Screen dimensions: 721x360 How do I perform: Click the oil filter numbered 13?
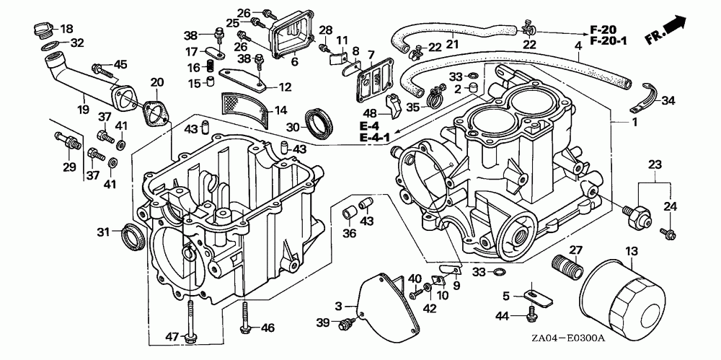click(622, 294)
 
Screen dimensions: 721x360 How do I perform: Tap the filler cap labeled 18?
click(42, 32)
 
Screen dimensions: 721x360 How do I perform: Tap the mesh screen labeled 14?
click(244, 109)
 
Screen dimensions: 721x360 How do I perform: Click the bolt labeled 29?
click(68, 140)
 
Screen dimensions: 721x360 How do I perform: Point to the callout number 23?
click(655, 164)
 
